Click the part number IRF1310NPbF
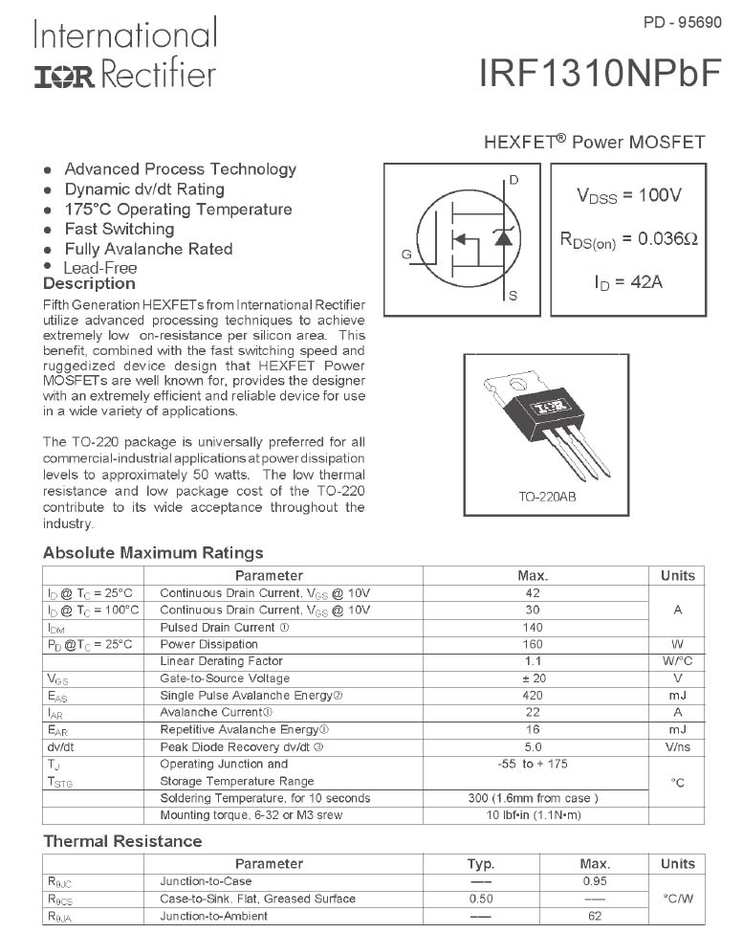tap(600, 75)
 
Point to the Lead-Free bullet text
tap(100, 268)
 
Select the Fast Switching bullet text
tap(120, 229)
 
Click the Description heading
tap(89, 284)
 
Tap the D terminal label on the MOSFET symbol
tap(514, 180)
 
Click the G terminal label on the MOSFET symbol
tap(406, 255)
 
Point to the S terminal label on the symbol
tap(513, 297)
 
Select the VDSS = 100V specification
tap(629, 195)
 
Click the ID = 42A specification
tap(628, 282)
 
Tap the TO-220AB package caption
tap(547, 498)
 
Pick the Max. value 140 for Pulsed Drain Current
tap(533, 628)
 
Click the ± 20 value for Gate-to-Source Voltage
tap(533, 678)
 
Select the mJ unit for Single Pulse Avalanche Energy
tap(677, 696)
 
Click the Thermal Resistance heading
tap(122, 841)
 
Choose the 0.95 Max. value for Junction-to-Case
tap(595, 881)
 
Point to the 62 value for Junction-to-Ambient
tap(595, 916)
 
